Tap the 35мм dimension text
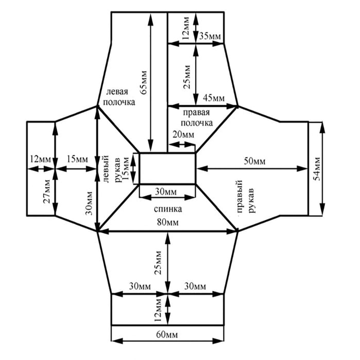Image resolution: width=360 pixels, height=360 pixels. coord(210,36)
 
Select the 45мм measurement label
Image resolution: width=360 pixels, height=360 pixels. coord(214,98)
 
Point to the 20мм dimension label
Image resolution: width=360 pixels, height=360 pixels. coord(183,134)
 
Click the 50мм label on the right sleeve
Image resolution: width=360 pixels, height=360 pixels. coord(254,161)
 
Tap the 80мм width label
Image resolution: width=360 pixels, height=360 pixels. coord(168,222)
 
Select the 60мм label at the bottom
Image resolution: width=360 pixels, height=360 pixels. coord(167,335)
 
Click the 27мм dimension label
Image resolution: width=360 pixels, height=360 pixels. coord(47,191)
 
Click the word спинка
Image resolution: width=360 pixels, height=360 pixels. coord(168,209)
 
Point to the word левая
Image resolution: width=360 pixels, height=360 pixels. coord(117,91)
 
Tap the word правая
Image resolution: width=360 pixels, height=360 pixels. coord(197,113)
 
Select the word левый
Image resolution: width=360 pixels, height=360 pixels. coord(106,169)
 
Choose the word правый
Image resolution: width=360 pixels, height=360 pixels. coord(240,198)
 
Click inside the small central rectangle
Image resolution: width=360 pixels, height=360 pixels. coord(168,168)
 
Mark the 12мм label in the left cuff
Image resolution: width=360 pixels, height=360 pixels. coord(41,159)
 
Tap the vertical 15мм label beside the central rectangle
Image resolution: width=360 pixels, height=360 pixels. coord(126,168)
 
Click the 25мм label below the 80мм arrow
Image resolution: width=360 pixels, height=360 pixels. coord(158,263)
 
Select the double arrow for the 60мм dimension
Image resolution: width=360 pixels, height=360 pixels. coord(168,341)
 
